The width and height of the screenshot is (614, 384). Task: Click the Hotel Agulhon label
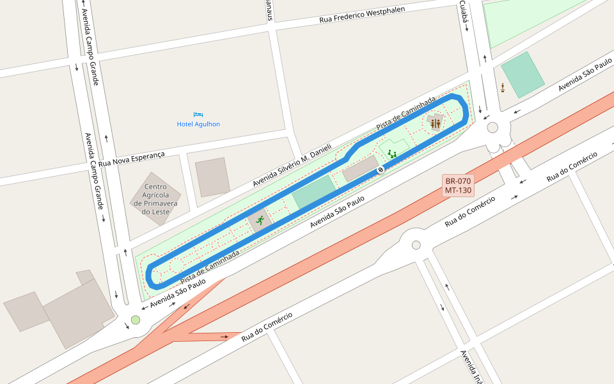tap(198, 124)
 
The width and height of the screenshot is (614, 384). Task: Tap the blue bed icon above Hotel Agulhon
tap(198, 114)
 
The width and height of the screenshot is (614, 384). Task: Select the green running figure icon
tap(260, 220)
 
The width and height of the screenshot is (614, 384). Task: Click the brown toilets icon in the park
tap(436, 123)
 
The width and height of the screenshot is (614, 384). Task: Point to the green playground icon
tap(392, 154)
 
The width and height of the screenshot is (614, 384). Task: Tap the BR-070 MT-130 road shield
tap(458, 186)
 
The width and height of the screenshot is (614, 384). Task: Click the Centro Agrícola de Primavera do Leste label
tap(152, 199)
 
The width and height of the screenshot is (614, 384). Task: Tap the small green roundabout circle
tap(135, 320)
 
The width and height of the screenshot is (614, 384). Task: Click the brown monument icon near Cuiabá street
tap(504, 87)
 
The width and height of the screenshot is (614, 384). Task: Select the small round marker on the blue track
tap(381, 170)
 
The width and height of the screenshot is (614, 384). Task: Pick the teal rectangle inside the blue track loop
tap(314, 191)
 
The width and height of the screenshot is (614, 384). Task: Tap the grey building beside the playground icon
tap(360, 168)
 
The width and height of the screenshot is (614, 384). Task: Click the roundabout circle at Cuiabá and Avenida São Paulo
tap(492, 127)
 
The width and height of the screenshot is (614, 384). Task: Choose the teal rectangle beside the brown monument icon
tap(523, 74)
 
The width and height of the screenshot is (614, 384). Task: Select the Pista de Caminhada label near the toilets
tap(405, 115)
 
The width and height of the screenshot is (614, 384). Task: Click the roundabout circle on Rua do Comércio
tap(416, 245)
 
